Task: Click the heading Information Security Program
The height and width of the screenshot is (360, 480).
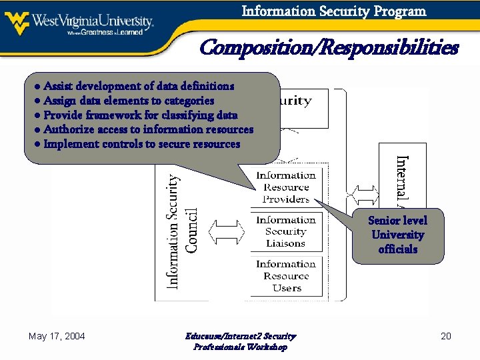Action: [x=333, y=11]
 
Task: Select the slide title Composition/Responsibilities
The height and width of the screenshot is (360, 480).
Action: [x=329, y=48]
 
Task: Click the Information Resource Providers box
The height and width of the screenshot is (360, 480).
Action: [x=286, y=187]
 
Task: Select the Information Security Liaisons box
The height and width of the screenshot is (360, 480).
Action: [x=286, y=232]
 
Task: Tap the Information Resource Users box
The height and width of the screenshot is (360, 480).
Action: [x=286, y=276]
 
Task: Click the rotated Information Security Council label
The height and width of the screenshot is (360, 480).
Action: [x=181, y=231]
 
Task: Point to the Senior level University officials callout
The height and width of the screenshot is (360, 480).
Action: [x=398, y=235]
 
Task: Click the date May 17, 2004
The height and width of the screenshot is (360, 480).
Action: [x=57, y=336]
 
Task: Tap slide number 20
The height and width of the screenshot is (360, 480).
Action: [x=446, y=336]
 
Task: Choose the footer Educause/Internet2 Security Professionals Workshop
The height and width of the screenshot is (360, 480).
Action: [x=240, y=341]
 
